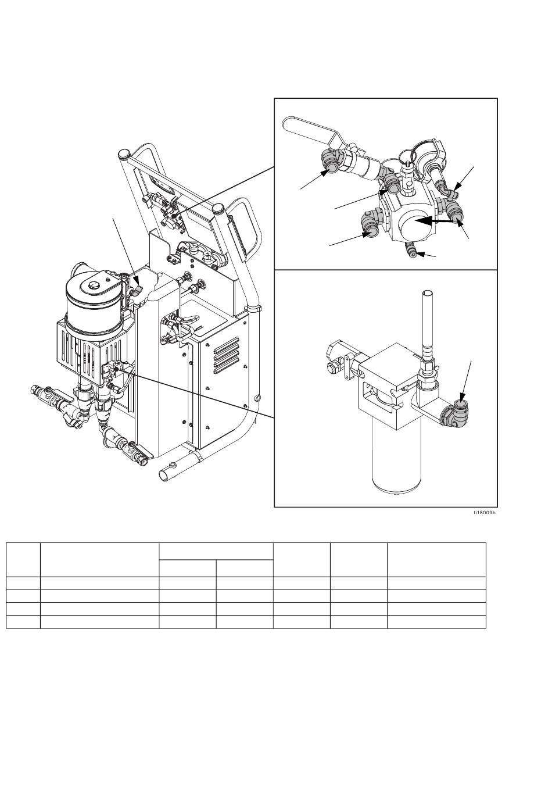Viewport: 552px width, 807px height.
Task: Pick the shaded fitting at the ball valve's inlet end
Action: pyautogui.click(x=329, y=166)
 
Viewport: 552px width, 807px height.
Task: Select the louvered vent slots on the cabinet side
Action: pyautogui.click(x=227, y=356)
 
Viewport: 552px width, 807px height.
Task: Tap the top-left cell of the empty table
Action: pyautogui.click(x=23, y=559)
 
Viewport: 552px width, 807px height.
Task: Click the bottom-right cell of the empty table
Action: pyautogui.click(x=436, y=623)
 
